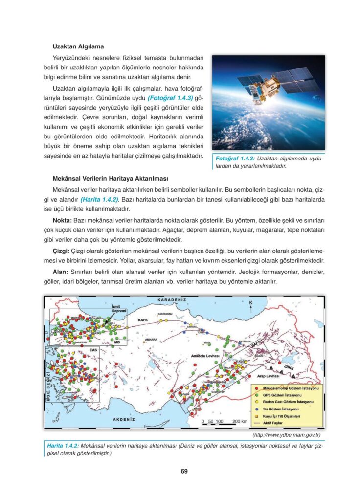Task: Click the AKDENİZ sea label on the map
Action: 124,420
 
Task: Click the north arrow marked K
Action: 251,306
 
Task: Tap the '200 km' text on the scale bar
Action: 240,421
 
